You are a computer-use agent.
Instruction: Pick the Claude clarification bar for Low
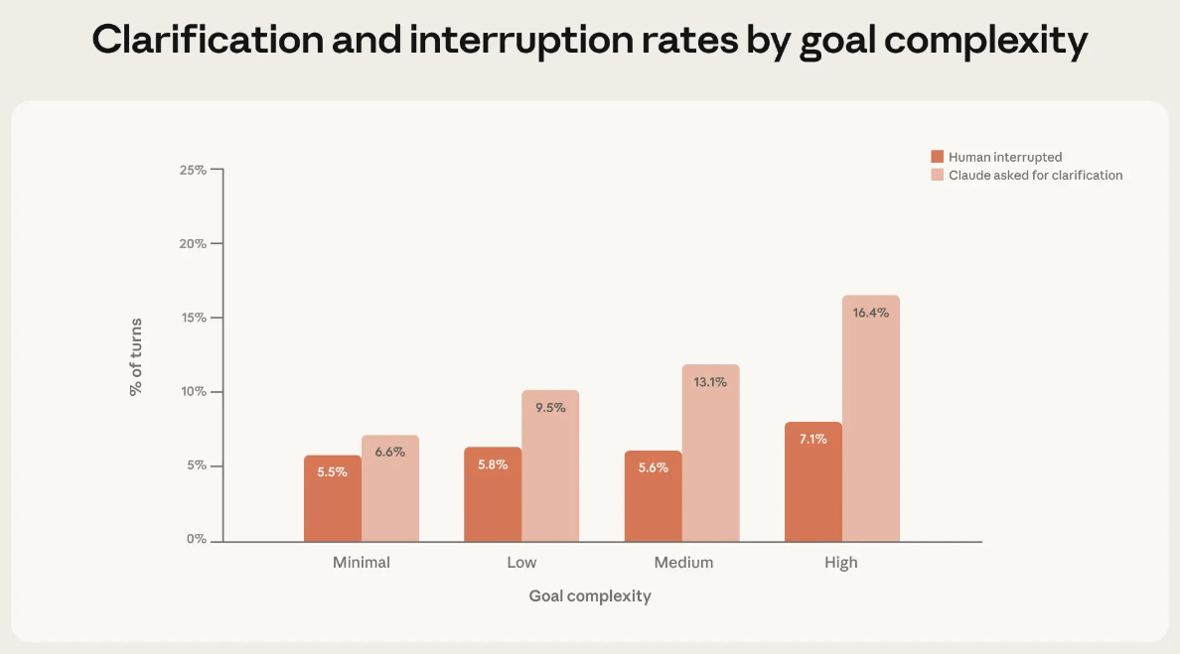coord(550,465)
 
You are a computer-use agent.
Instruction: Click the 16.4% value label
coord(871,313)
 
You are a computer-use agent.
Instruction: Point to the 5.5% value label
coord(333,472)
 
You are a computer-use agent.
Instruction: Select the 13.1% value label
coord(710,382)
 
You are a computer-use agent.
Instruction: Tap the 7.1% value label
coord(813,440)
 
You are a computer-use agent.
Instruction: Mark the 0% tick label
coord(196,540)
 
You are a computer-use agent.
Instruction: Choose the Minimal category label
coord(362,563)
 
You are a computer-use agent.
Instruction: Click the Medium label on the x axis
coord(683,563)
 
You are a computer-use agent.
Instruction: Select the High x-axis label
coord(841,563)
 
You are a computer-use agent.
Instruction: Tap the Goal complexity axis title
coord(590,596)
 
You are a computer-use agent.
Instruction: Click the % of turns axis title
coord(136,356)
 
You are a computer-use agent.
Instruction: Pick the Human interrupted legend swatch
coord(937,157)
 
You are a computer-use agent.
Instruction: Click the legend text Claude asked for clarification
coord(1036,176)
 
